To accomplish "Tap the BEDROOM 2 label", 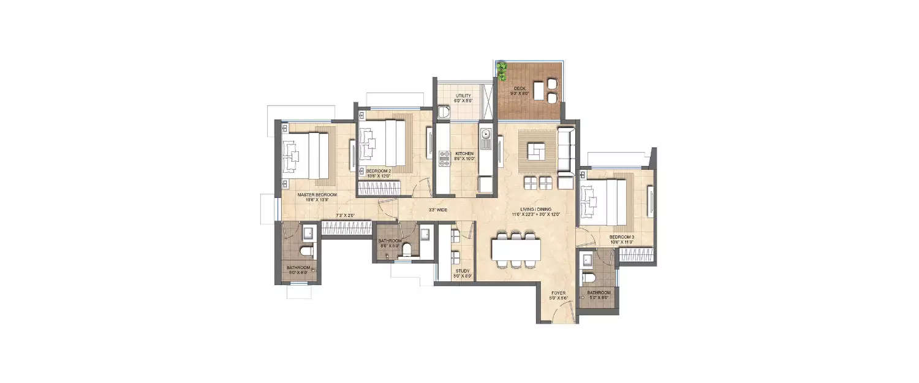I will coord(378,170).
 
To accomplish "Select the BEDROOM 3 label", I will coord(621,237).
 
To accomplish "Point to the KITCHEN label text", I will coord(464,153).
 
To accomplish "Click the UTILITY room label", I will coord(463,96).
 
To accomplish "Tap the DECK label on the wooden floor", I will coord(520,89).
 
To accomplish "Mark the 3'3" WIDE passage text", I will coord(437,210).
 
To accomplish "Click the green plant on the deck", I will coord(502,70).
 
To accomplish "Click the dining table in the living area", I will coord(516,249).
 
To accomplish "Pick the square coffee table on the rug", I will coord(537,149).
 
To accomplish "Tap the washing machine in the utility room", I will coord(443,112).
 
